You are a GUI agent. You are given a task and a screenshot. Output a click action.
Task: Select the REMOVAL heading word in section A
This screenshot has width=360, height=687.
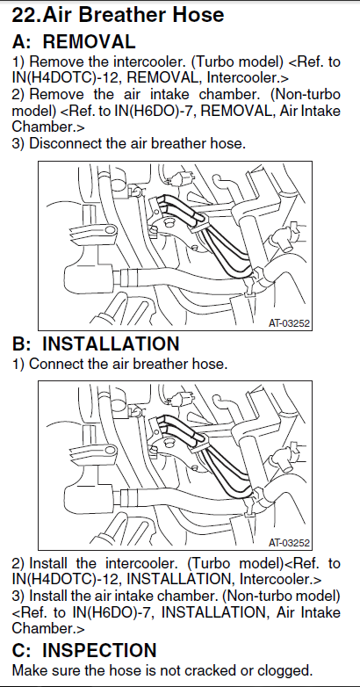89,41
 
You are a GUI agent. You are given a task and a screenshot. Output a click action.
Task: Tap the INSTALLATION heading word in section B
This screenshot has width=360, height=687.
111,343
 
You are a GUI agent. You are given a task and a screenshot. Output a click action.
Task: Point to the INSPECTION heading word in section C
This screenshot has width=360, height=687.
99,651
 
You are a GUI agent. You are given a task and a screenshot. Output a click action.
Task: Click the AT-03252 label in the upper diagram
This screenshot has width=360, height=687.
289,324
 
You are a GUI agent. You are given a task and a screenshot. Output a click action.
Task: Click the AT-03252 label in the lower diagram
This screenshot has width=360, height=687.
289,543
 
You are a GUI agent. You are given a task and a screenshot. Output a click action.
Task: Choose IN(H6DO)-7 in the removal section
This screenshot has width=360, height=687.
155,111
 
